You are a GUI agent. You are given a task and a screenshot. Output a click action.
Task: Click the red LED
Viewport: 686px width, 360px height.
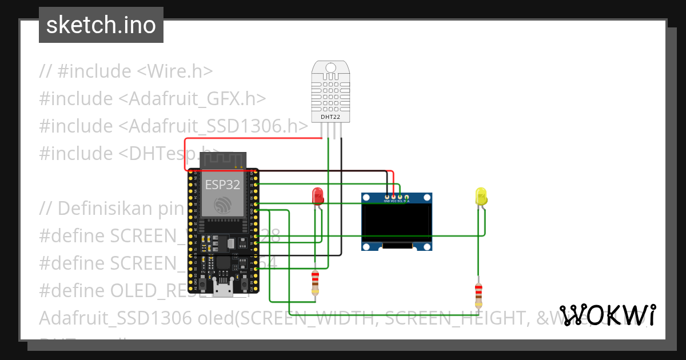(317, 197)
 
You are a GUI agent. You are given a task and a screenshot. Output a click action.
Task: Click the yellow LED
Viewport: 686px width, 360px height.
(481, 197)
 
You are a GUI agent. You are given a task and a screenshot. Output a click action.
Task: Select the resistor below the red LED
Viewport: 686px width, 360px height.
(315, 283)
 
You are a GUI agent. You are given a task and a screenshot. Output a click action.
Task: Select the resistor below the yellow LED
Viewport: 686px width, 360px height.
(478, 296)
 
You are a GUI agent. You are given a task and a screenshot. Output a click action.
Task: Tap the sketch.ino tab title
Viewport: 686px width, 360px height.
(101, 25)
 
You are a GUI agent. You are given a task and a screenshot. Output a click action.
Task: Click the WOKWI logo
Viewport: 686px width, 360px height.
(607, 315)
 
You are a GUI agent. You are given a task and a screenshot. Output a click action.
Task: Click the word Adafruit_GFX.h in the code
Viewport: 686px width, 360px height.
(192, 99)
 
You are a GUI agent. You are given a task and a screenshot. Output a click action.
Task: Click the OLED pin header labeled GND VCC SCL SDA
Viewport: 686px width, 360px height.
(396, 198)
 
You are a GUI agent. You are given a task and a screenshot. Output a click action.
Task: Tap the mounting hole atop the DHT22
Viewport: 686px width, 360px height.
(330, 68)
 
